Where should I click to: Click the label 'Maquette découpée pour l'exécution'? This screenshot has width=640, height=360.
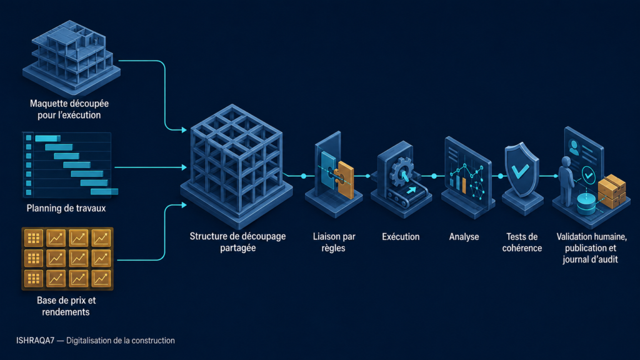(69, 109)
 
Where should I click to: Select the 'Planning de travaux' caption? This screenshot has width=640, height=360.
(66, 208)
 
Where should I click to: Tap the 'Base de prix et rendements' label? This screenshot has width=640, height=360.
(66, 306)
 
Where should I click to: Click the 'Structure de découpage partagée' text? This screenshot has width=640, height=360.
(237, 242)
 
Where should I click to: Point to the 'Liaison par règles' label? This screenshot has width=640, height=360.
(334, 242)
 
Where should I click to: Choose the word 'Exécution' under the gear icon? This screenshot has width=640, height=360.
(401, 237)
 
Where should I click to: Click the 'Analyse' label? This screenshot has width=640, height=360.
(464, 237)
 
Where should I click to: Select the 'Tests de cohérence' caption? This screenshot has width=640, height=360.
(522, 242)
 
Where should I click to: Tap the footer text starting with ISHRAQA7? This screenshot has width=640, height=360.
(96, 341)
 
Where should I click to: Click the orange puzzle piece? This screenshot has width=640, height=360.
(345, 179)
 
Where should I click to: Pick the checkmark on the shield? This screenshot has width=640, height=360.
(521, 171)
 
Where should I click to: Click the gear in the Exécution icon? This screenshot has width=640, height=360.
(402, 172)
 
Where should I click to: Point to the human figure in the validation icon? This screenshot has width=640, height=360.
(566, 181)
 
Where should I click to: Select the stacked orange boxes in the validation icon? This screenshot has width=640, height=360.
(611, 191)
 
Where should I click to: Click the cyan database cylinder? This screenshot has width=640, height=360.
(586, 204)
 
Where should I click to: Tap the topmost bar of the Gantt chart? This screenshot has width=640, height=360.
(47, 138)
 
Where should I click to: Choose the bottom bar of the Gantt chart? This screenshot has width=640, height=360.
(104, 191)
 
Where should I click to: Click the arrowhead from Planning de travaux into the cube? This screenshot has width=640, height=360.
(184, 167)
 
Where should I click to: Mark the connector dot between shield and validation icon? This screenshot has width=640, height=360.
(501, 176)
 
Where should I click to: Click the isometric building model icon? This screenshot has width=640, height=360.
(71, 57)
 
